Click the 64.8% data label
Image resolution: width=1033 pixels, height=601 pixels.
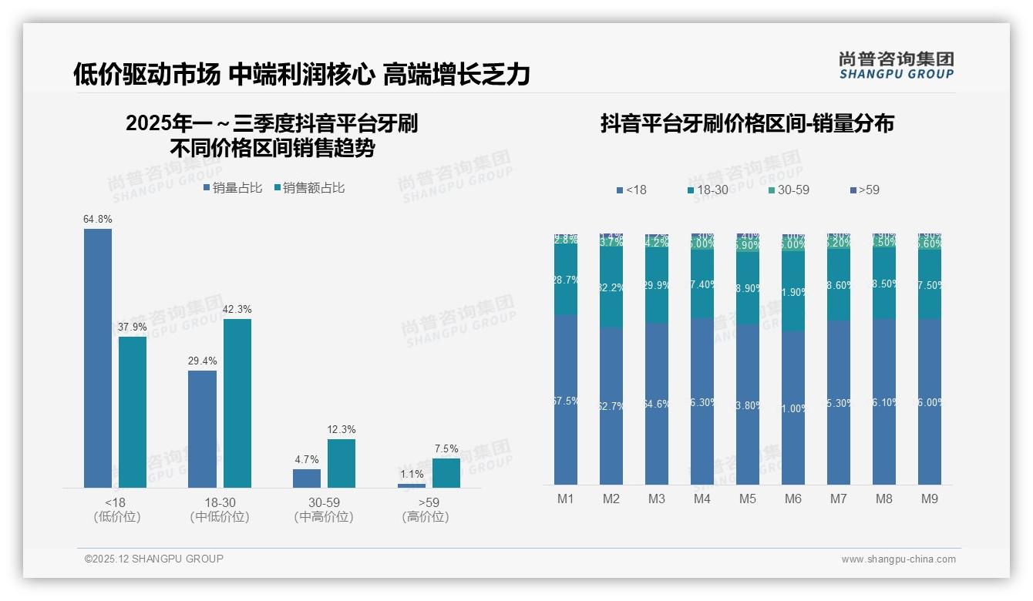(98, 220)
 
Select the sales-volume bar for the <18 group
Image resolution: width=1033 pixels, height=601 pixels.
(98, 358)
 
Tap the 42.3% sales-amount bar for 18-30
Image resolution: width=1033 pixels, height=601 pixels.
(237, 403)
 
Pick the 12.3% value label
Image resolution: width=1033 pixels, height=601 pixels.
(342, 430)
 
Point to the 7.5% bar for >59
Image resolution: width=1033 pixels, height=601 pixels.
(446, 473)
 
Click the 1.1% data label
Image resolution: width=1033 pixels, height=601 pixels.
(412, 475)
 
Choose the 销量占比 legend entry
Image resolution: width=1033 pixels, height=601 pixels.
(233, 188)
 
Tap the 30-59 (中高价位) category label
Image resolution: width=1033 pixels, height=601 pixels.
(324, 509)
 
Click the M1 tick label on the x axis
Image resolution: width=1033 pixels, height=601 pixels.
(566, 499)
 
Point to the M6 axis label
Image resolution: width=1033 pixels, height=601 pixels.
(793, 499)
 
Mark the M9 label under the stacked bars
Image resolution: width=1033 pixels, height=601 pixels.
(930, 499)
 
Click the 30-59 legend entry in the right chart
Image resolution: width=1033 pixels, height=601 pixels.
(789, 190)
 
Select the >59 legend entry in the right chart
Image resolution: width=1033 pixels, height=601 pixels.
(864, 190)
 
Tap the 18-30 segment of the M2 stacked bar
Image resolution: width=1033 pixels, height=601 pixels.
(611, 287)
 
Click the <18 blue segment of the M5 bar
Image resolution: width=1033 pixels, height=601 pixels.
(748, 404)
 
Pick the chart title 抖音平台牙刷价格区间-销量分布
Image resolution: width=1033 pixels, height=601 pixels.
(747, 124)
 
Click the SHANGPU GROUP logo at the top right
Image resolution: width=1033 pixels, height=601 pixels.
(896, 65)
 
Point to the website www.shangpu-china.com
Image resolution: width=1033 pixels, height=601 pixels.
(898, 559)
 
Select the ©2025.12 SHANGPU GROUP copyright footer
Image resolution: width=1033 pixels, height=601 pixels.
(154, 559)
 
